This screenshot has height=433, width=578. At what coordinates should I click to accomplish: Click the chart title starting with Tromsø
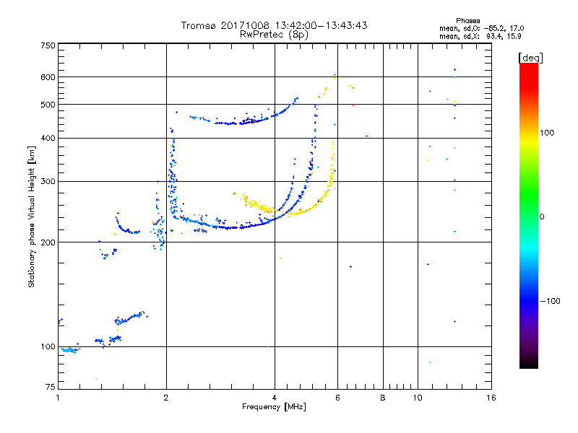pyautogui.click(x=275, y=25)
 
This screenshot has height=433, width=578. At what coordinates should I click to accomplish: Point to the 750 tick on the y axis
pyautogui.click(x=48, y=45)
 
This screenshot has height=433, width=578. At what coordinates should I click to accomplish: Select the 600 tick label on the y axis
pyautogui.click(x=48, y=76)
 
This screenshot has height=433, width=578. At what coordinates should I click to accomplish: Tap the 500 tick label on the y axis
pyautogui.click(x=48, y=105)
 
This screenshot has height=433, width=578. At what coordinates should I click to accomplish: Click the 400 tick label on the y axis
pyautogui.click(x=48, y=138)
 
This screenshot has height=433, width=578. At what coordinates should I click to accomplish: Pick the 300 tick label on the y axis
pyautogui.click(x=48, y=181)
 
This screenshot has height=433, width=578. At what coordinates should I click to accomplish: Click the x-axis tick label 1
pyautogui.click(x=58, y=398)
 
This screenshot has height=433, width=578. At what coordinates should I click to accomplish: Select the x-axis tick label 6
pyautogui.click(x=337, y=398)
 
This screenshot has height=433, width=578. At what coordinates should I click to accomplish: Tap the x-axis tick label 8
pyautogui.click(x=383, y=398)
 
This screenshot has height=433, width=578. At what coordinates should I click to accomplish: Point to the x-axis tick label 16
pyautogui.click(x=491, y=398)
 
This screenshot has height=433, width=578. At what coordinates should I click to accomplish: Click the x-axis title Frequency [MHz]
pyautogui.click(x=275, y=408)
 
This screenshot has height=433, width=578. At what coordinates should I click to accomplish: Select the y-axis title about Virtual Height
pyautogui.click(x=32, y=216)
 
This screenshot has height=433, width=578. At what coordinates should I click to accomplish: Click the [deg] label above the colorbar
pyautogui.click(x=530, y=57)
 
